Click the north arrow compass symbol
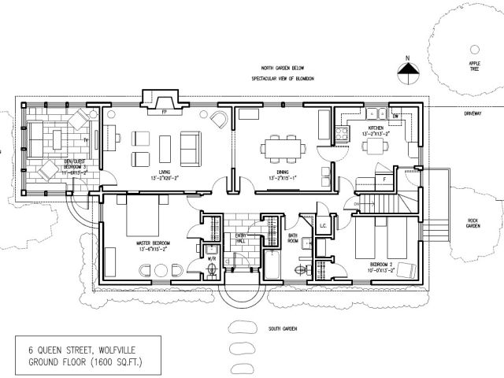[x=406, y=70]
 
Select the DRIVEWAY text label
[x=472, y=113]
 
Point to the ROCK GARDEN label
[x=472, y=223]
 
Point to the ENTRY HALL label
[x=238, y=242]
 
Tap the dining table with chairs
[x=281, y=147]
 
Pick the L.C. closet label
[x=323, y=227]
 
